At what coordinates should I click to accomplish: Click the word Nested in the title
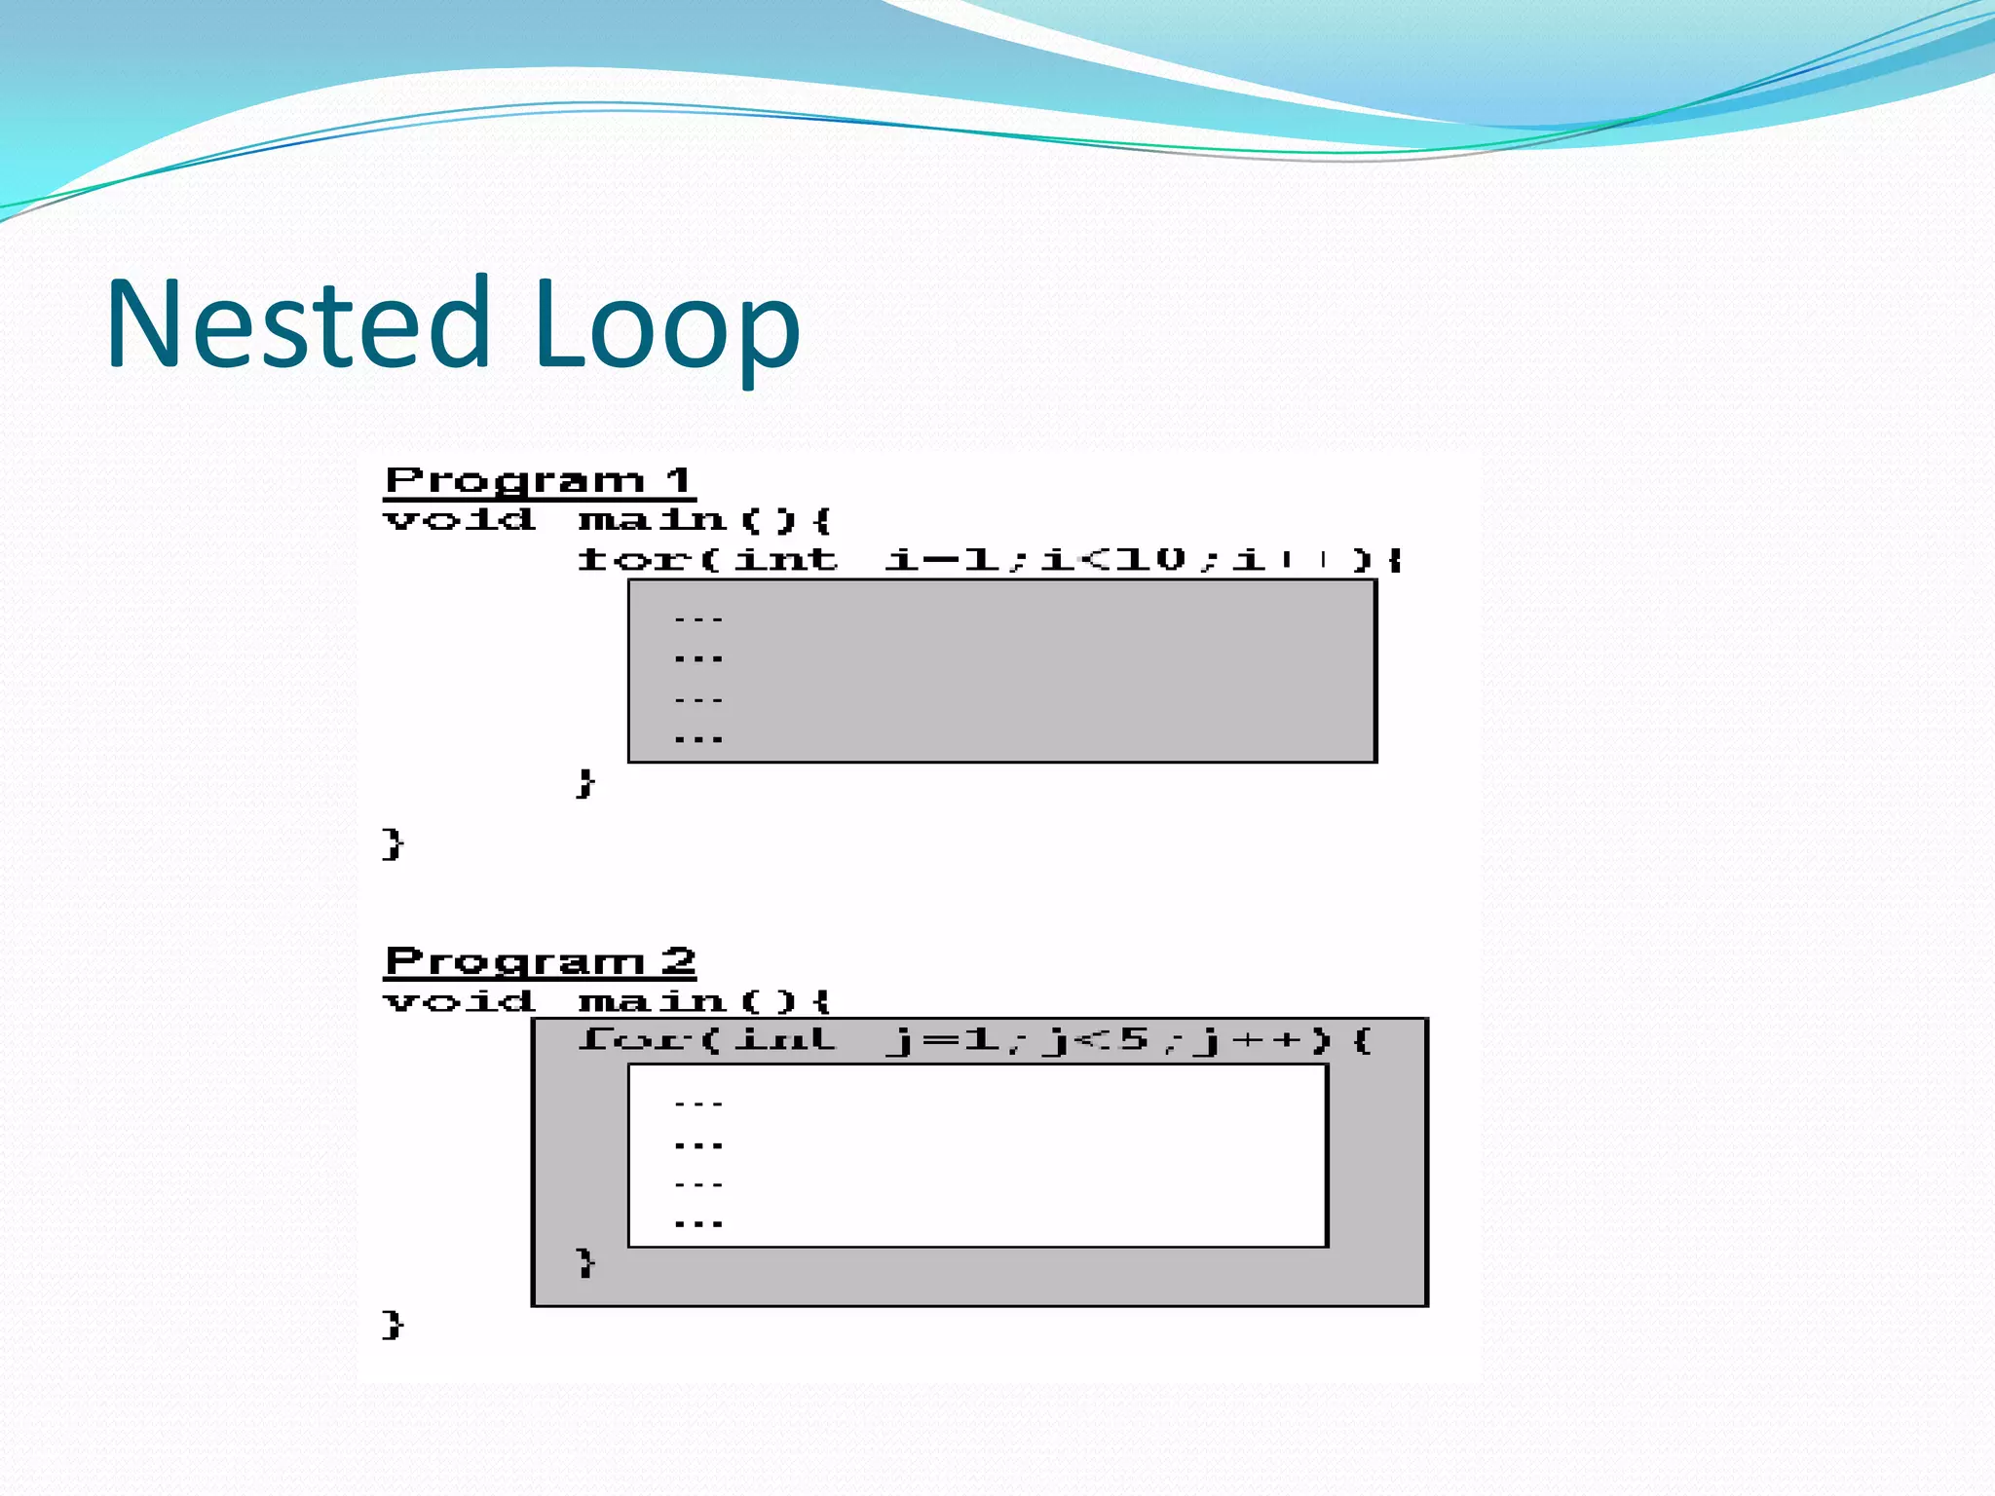pos(297,323)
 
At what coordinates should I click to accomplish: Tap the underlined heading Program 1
pos(539,481)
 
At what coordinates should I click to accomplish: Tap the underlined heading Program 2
pos(540,962)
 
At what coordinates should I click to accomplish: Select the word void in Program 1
pos(459,519)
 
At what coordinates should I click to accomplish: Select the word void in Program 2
pos(459,1000)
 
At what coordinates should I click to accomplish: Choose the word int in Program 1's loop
pos(785,559)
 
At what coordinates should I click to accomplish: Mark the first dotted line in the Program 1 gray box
pos(698,619)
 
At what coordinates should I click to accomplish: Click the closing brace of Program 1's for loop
pos(584,782)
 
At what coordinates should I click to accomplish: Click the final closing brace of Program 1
pos(393,843)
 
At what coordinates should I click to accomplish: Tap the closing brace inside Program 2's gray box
pos(585,1263)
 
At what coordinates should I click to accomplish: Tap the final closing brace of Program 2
pos(393,1325)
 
